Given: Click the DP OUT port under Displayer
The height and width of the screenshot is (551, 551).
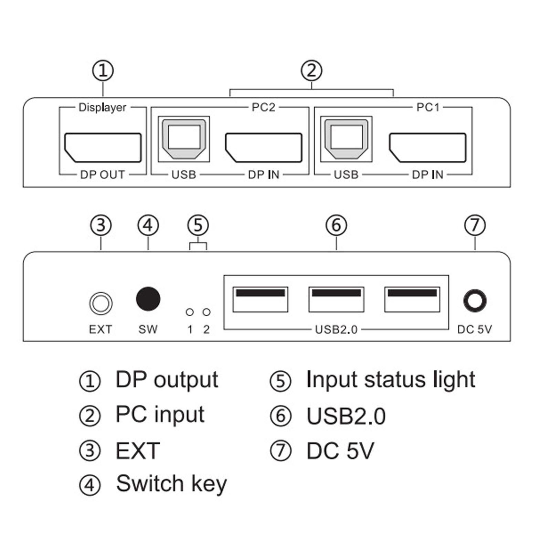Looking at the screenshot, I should point(103,147).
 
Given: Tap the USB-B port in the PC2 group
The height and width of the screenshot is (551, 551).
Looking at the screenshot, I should point(184,139).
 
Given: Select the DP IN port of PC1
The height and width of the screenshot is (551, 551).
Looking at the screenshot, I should point(427,147).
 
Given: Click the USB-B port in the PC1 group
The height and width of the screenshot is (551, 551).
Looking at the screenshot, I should point(346,139).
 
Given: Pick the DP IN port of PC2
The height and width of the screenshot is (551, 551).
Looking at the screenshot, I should point(264,147).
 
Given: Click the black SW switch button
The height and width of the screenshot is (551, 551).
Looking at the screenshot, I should point(148,299).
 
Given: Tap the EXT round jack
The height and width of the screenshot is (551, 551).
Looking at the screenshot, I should point(100,304).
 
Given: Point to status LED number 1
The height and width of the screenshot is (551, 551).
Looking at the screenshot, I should point(190,312).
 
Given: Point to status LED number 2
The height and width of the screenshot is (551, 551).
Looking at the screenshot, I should point(206,312).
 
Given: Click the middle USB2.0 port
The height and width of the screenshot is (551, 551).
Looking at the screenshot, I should point(336,299).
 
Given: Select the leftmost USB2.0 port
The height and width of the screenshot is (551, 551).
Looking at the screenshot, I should point(260,299).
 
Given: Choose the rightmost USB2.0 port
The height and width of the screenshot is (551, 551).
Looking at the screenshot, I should point(412,299).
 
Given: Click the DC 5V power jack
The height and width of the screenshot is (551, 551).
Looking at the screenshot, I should point(475,300).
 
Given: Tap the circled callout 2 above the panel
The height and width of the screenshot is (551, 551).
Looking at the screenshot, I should point(311,71).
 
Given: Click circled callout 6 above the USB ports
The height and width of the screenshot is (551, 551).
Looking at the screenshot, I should point(336,225).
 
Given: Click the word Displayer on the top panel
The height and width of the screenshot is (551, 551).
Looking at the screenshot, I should point(102,107).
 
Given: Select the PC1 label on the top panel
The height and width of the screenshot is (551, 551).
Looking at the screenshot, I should point(428,107).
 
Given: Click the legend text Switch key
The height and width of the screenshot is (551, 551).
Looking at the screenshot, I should point(171,484).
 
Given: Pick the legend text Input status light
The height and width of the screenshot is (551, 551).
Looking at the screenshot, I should point(390,380).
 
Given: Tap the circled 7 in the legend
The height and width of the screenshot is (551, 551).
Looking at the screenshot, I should point(280,451).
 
